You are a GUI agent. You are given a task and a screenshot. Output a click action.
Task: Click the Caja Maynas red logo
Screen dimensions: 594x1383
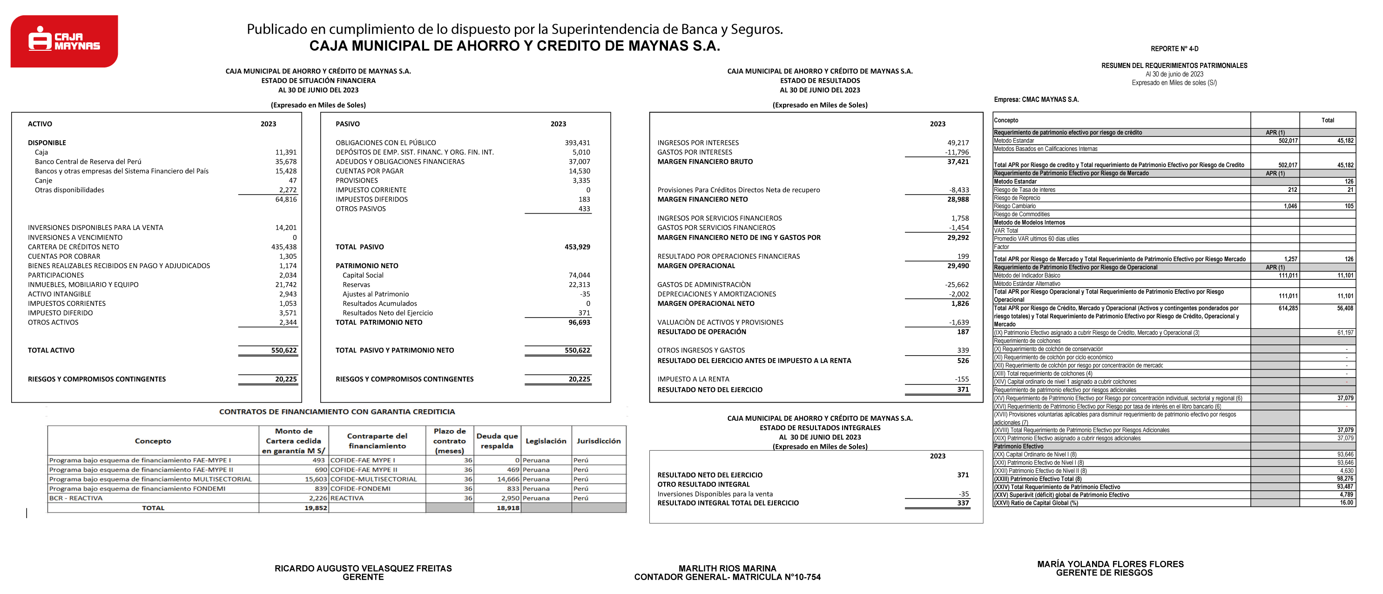pos(64,41)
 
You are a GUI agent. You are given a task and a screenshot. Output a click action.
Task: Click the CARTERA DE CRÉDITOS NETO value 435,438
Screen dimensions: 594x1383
pos(283,247)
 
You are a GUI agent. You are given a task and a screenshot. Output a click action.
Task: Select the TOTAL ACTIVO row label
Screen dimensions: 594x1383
pos(51,350)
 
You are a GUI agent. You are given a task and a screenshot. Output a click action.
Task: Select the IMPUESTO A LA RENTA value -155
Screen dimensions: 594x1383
pos(962,379)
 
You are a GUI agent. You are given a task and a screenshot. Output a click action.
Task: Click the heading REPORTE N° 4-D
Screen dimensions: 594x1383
pos(1174,49)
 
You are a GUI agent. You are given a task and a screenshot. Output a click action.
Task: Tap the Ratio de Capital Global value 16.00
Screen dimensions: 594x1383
pos(1346,503)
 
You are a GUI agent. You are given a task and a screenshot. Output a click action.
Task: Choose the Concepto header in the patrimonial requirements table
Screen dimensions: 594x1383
pos(1005,120)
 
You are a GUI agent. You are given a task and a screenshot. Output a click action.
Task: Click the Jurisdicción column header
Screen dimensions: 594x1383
pos(598,441)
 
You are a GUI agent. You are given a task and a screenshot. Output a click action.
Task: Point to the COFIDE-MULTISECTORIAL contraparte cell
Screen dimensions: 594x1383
pos(374,479)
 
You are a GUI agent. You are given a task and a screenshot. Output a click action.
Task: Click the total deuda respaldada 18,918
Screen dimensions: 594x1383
pos(508,507)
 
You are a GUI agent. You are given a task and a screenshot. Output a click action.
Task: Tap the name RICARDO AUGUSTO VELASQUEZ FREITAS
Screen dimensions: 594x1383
pos(363,568)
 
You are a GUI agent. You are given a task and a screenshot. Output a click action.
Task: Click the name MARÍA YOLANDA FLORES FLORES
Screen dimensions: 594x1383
pos(1110,564)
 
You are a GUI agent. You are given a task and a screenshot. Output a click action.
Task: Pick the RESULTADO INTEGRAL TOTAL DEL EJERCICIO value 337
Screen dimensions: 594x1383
pos(963,503)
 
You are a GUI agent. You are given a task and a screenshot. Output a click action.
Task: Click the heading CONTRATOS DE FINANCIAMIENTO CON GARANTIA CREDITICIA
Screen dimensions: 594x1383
pos(337,412)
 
